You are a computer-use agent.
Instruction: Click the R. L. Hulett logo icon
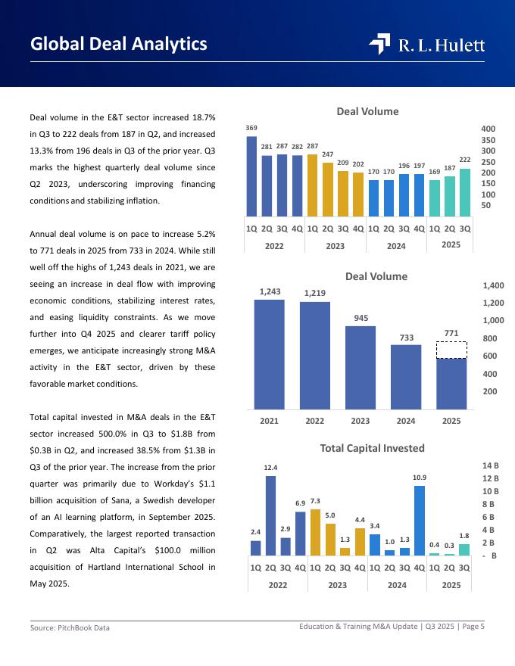(x=379, y=45)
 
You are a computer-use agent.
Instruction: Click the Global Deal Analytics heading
(x=119, y=44)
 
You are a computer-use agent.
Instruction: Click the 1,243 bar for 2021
(x=269, y=354)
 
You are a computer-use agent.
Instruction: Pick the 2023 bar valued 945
(x=360, y=368)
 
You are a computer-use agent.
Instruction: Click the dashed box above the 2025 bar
(x=451, y=350)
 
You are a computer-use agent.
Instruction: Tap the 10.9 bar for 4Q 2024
(x=419, y=521)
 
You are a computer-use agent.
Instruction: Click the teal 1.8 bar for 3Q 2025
(x=464, y=550)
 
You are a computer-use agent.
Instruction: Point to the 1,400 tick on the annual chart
(x=493, y=286)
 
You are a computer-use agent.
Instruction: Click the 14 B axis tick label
(x=489, y=465)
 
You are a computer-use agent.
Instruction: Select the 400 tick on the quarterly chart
(x=488, y=129)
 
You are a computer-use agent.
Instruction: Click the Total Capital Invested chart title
(x=372, y=448)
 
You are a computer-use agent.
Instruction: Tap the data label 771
(x=451, y=332)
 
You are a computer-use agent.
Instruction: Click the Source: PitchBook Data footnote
(x=64, y=628)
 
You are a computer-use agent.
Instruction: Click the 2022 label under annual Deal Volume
(x=314, y=422)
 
